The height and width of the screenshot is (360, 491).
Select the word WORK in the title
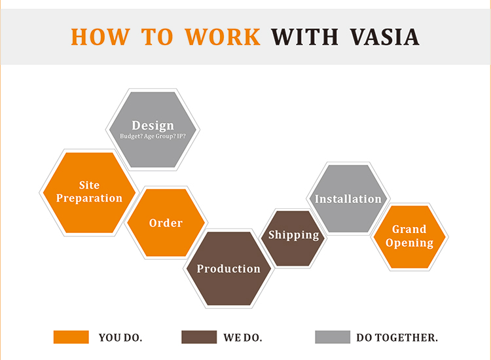224,37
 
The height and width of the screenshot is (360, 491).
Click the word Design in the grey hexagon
153,125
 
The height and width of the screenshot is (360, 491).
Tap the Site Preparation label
89,192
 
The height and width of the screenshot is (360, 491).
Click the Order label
166,223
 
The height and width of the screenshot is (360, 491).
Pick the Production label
228,268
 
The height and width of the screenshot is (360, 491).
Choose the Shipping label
293,235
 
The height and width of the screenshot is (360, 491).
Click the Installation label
348,199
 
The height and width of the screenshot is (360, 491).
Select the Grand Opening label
409,236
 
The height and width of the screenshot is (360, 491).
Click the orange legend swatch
71,337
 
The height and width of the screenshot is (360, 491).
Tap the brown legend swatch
199,337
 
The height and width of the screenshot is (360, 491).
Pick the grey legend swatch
333,337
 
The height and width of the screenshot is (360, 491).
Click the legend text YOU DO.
120,338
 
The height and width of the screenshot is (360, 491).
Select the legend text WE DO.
243,338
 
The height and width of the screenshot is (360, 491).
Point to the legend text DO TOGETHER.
397,338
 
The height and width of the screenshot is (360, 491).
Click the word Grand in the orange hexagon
409,229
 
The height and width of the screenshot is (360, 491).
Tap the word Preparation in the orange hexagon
89,198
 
